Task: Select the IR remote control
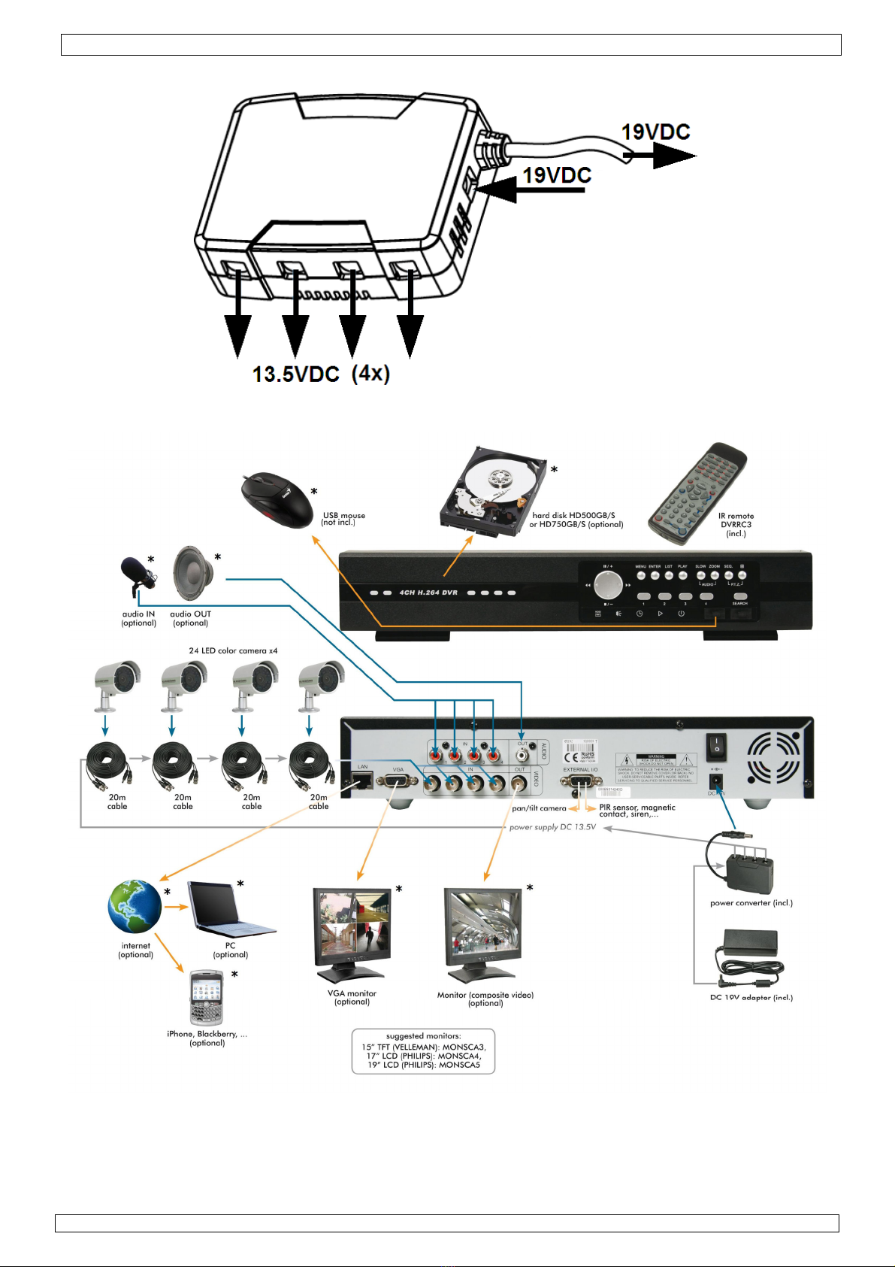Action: (x=698, y=493)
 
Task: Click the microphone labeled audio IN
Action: (x=137, y=575)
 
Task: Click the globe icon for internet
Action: (x=135, y=906)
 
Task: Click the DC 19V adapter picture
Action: (x=748, y=953)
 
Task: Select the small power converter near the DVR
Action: (x=748, y=871)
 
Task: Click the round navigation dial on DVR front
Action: (x=608, y=583)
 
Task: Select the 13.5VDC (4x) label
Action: (x=321, y=374)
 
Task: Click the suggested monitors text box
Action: (x=423, y=1051)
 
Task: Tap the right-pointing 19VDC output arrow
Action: (x=661, y=156)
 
